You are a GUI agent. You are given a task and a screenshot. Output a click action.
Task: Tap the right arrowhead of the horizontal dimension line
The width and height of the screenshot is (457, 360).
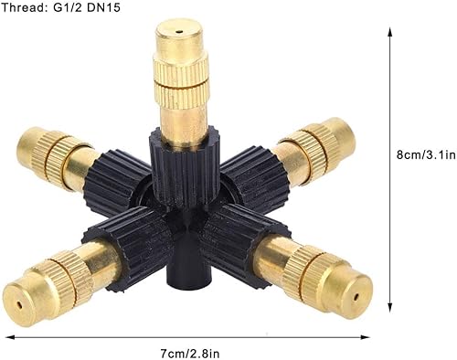coord(365,337)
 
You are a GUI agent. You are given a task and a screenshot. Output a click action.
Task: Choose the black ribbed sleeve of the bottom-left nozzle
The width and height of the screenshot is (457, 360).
coord(129,239)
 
